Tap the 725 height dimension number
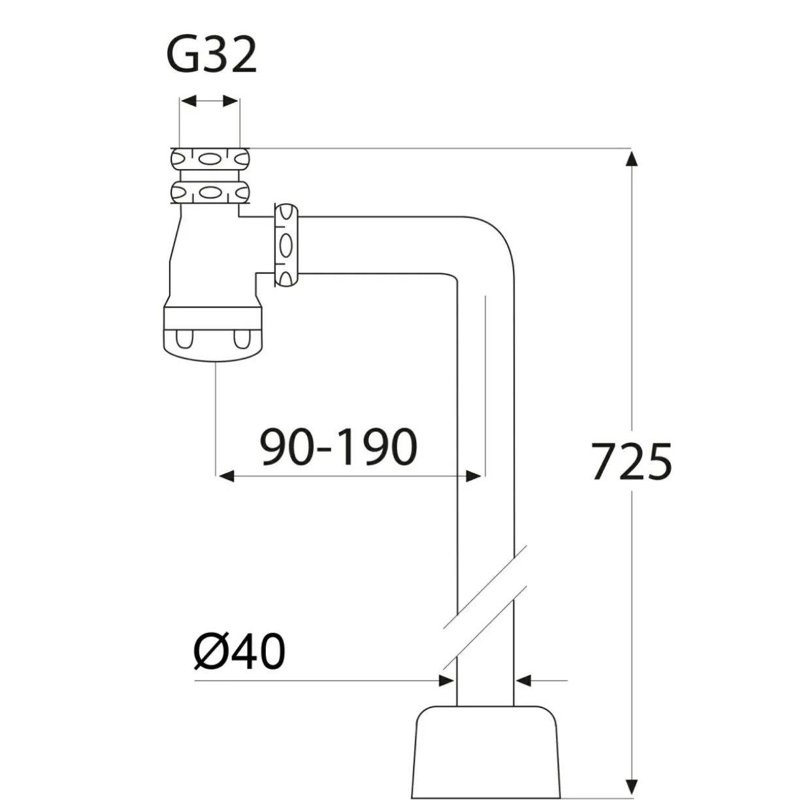(x=632, y=461)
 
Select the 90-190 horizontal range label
(x=339, y=447)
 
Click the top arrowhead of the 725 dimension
(x=632, y=159)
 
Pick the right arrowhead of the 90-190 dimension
(x=474, y=476)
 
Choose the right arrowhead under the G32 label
(x=231, y=101)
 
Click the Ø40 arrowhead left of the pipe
(x=447, y=680)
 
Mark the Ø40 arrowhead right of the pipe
(x=523, y=680)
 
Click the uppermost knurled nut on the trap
(x=210, y=159)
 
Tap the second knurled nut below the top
(x=210, y=193)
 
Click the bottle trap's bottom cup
(x=213, y=334)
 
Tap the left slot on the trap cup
(x=184, y=339)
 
